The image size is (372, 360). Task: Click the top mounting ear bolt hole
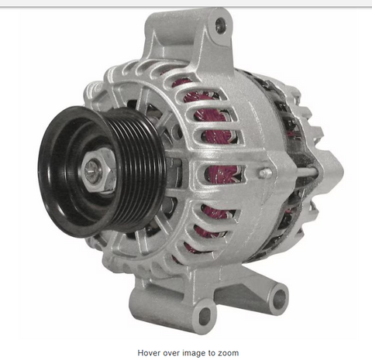[x=220, y=26]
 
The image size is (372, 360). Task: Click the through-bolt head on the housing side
[x=265, y=173]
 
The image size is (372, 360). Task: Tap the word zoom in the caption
[x=229, y=353]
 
